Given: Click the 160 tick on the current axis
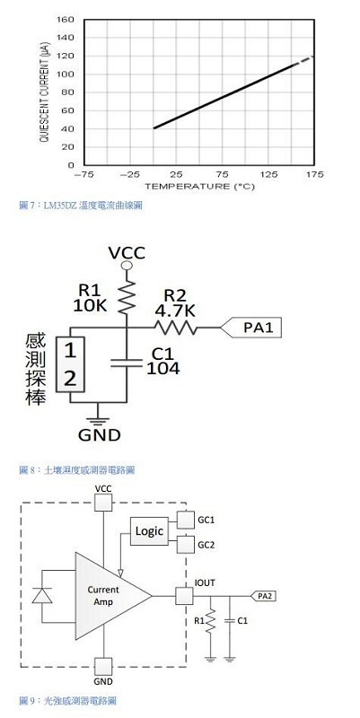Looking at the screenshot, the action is click(65, 20).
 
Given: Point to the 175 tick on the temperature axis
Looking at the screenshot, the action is click(314, 174).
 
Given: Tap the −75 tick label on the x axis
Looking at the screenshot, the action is click(83, 174).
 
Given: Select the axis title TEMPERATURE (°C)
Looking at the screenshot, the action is click(199, 187).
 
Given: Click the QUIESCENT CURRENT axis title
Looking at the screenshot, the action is click(44, 92).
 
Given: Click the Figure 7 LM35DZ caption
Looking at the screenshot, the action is click(81, 206).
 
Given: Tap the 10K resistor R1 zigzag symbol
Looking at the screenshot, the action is click(127, 298).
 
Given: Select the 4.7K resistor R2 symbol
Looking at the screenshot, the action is click(175, 328).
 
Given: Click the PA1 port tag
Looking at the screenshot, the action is click(250, 328).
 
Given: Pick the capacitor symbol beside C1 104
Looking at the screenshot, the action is click(126, 363).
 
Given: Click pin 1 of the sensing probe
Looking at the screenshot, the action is click(70, 351).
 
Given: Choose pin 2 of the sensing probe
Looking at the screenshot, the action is click(70, 379).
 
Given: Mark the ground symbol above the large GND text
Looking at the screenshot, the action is click(98, 420).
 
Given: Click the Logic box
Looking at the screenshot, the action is click(149, 531).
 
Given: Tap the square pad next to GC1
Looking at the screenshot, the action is click(186, 520).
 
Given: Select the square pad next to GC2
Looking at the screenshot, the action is click(186, 545).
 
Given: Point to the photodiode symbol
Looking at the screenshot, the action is click(41, 596).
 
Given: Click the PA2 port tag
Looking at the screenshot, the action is click(263, 596).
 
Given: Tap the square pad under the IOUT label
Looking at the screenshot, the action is click(184, 596).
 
